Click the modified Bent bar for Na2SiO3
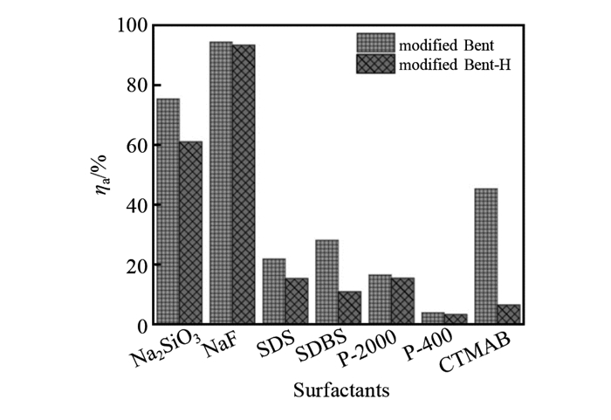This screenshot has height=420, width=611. (x=168, y=210)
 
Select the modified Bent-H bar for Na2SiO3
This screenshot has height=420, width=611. (x=190, y=232)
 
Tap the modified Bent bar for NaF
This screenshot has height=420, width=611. (x=221, y=182)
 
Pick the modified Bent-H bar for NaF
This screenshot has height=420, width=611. (x=244, y=184)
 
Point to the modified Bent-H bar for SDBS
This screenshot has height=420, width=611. (x=349, y=307)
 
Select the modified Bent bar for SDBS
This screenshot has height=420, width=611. (x=326, y=281)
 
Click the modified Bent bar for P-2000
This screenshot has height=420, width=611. (x=380, y=299)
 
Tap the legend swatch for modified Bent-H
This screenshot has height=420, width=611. (x=375, y=64)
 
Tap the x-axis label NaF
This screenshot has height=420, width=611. (x=221, y=346)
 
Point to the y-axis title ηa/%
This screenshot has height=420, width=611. (x=104, y=175)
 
